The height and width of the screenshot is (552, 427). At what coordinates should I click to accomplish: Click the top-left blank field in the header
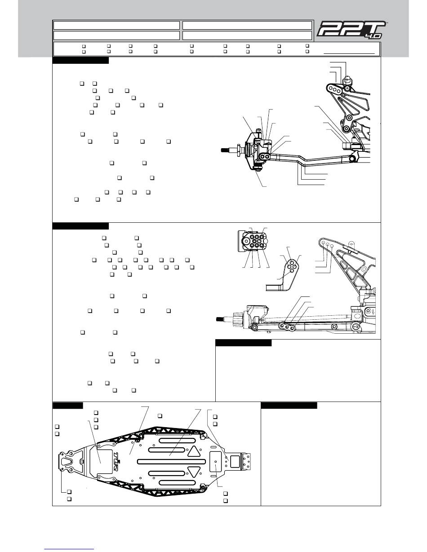116,25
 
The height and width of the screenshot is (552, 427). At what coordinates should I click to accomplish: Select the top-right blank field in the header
247,25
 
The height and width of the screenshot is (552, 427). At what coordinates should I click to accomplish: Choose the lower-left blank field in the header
116,35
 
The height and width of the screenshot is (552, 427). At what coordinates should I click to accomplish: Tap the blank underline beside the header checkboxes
349,53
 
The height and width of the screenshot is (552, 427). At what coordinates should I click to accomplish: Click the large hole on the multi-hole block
246,241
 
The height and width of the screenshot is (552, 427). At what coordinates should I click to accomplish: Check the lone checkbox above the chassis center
160,415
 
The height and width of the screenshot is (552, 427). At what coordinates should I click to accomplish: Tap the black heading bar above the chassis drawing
68,406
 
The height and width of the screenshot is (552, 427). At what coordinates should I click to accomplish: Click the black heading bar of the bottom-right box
289,406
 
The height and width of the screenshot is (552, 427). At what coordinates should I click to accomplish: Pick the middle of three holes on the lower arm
287,326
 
